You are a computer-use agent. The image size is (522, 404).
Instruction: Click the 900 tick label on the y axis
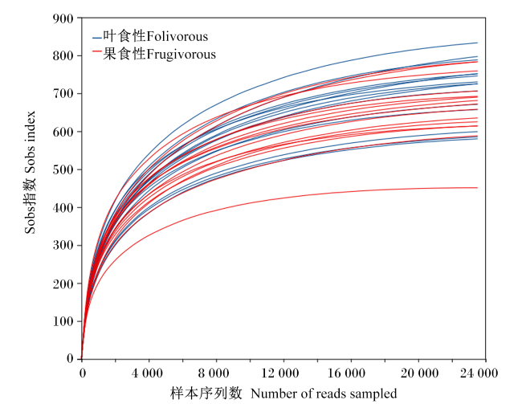[x=63, y=18]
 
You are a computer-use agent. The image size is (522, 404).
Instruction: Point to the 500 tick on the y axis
[x=63, y=169]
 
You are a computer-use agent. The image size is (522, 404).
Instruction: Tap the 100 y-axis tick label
[x=63, y=321]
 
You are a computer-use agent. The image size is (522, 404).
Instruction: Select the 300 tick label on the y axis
[x=63, y=246]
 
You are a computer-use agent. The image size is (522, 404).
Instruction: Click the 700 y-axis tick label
[x=63, y=94]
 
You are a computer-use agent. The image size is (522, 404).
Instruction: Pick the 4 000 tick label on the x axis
[x=147, y=373]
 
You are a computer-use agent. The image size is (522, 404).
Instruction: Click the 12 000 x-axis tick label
[x=280, y=373]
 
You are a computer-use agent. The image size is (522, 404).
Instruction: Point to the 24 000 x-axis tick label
[x=479, y=373]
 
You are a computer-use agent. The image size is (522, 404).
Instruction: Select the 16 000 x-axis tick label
[x=347, y=373]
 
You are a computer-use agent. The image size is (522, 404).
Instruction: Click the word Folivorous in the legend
[x=177, y=36]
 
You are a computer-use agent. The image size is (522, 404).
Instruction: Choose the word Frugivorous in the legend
[x=181, y=55]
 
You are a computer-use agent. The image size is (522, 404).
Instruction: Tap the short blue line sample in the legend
[x=97, y=38]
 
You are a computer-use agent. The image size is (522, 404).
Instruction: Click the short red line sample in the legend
[x=97, y=51]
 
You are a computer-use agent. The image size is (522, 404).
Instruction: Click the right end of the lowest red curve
[x=477, y=188]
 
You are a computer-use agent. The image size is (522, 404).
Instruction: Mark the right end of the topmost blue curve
[x=477, y=43]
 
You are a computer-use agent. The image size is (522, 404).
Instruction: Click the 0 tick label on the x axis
[x=82, y=373]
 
